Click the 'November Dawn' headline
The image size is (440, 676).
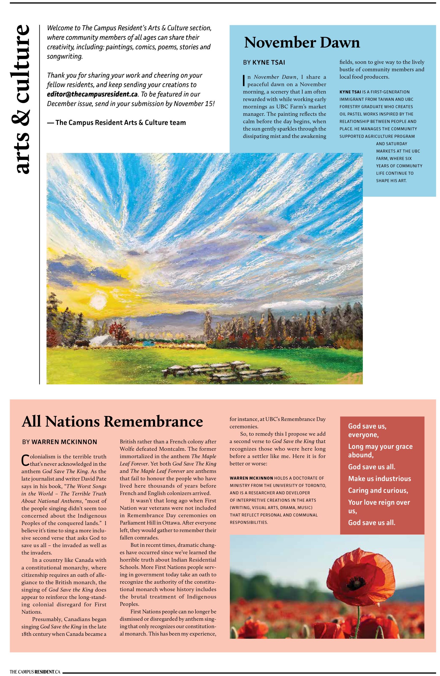click(x=302, y=43)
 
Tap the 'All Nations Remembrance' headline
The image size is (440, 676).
click(x=112, y=421)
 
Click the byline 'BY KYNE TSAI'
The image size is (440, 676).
click(x=264, y=63)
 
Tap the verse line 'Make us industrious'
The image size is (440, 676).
click(x=379, y=478)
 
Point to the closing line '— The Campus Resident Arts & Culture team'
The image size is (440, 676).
click(x=116, y=123)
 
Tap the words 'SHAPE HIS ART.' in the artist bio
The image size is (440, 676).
click(x=391, y=180)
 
